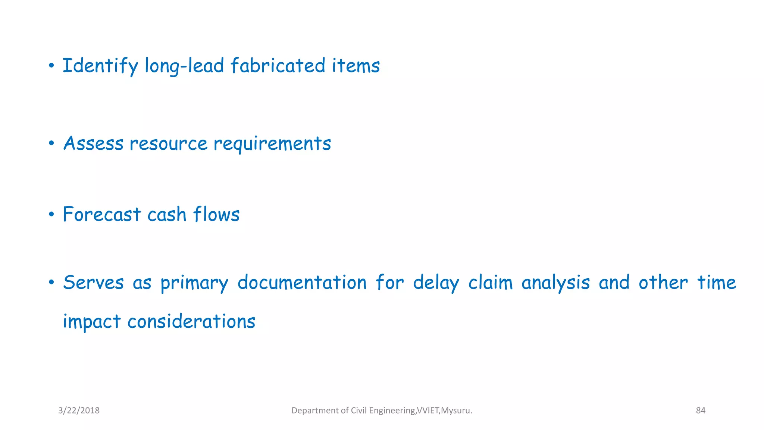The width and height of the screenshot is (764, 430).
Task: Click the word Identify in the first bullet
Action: [100, 66]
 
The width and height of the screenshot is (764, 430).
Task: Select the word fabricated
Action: [278, 66]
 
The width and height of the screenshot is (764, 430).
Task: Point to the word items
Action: [356, 66]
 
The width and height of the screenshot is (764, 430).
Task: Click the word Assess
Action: [93, 143]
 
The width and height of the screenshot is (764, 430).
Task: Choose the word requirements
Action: [272, 144]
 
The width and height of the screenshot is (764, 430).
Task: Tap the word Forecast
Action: [101, 215]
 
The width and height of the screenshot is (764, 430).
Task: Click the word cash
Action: [167, 215]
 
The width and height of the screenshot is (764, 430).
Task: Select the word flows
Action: [216, 215]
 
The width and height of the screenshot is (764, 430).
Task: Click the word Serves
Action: [93, 283]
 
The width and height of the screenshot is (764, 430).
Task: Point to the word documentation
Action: [302, 283]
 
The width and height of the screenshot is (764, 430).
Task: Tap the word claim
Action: [491, 283]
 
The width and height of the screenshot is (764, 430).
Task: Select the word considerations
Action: [191, 322]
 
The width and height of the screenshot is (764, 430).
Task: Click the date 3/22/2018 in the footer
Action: [79, 411]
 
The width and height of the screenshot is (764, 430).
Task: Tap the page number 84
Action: [701, 411]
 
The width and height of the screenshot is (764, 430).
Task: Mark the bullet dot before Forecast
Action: [51, 215]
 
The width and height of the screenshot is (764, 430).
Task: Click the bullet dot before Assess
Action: [51, 144]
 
